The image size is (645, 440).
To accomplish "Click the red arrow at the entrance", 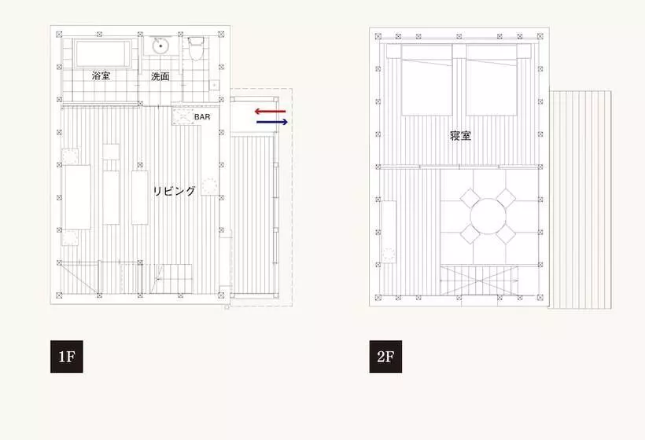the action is pyautogui.click(x=270, y=112).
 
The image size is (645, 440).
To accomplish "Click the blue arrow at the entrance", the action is pyautogui.click(x=272, y=122).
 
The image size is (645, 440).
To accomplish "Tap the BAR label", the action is pyautogui.click(x=202, y=117).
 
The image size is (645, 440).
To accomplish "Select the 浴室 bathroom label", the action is pyautogui.click(x=101, y=75).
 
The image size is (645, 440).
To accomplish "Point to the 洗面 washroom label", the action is pyautogui.click(x=160, y=76).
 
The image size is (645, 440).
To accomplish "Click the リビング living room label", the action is pyautogui.click(x=174, y=191).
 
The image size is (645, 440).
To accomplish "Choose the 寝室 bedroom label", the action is pyautogui.click(x=460, y=136).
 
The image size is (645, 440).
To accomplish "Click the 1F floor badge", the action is pyautogui.click(x=67, y=357).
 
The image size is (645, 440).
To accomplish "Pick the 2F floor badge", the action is pyautogui.click(x=385, y=357).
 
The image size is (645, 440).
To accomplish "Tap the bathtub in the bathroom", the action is pyautogui.click(x=103, y=53).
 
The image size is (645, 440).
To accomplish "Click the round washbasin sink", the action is pyautogui.click(x=160, y=46).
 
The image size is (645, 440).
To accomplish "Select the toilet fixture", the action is pyautogui.click(x=196, y=49).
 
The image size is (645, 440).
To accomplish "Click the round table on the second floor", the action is pyautogui.click(x=488, y=216).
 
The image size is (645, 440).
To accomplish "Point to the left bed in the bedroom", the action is pyautogui.click(x=426, y=79).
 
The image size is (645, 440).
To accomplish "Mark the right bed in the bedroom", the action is pyautogui.click(x=491, y=79).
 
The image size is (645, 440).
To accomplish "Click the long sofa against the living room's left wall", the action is pyautogui.click(x=77, y=197).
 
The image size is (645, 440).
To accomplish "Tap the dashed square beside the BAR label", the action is pyautogui.click(x=182, y=116).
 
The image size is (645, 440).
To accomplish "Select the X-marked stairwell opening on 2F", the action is pyautogui.click(x=479, y=280).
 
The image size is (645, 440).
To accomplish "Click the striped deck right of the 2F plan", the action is pyautogui.click(x=580, y=200).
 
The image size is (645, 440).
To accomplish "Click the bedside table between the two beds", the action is pyautogui.click(x=459, y=51).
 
